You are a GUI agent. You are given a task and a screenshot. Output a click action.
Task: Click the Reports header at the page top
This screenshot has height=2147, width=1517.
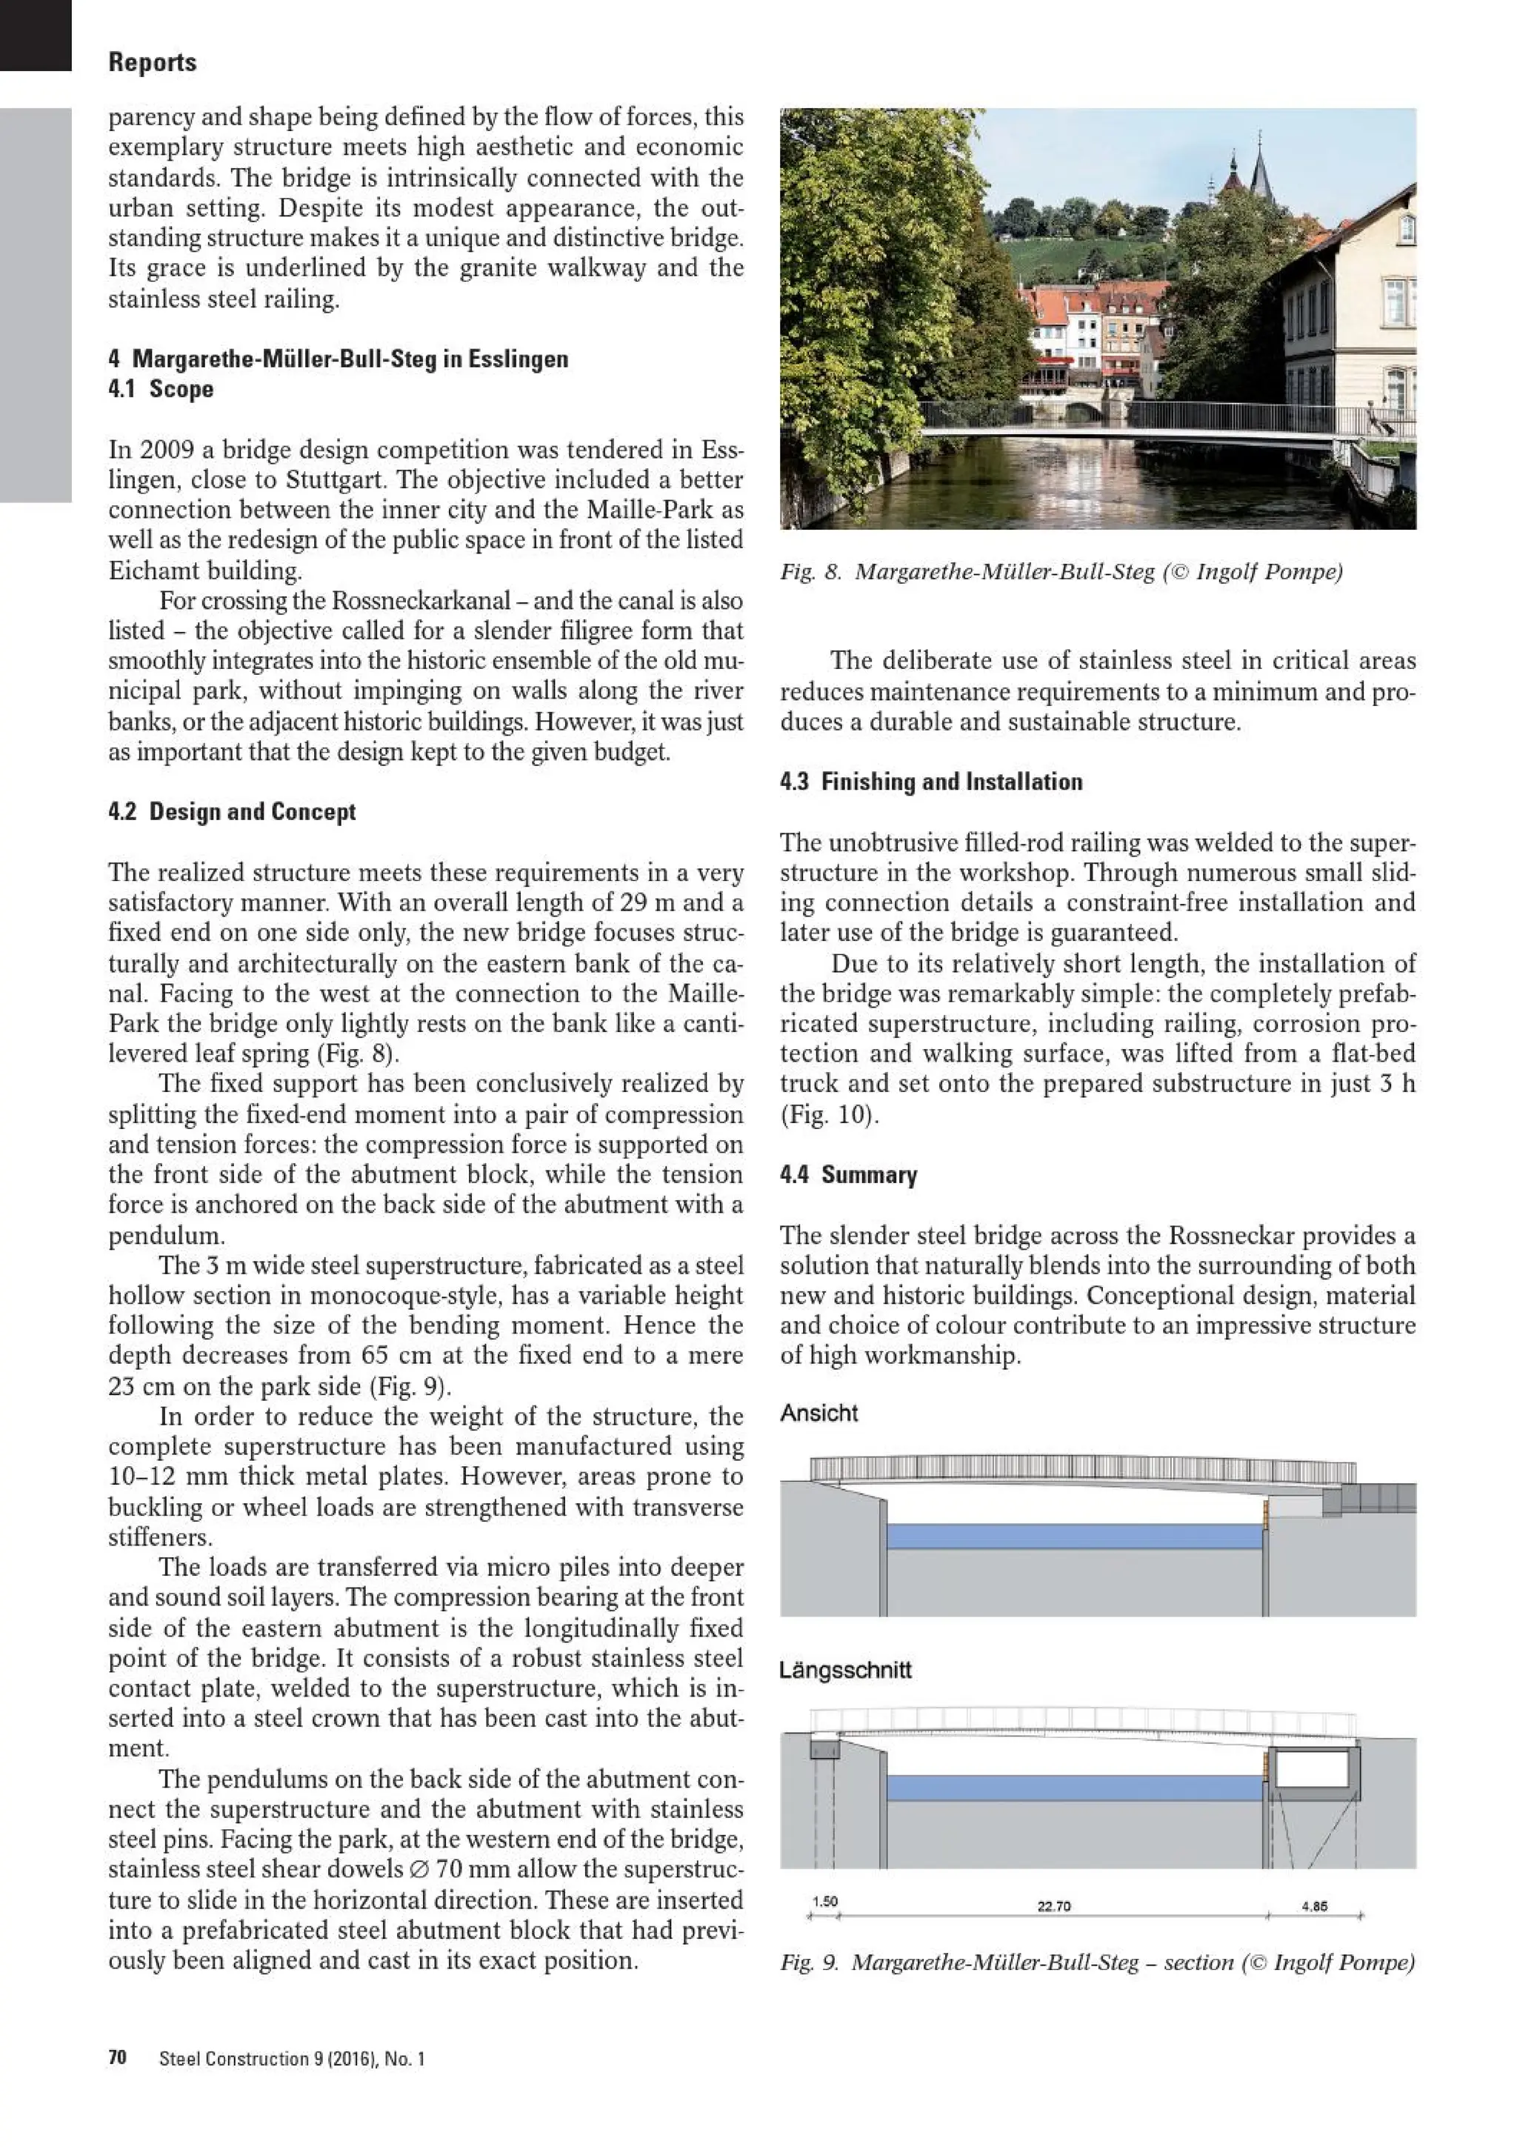coord(153,63)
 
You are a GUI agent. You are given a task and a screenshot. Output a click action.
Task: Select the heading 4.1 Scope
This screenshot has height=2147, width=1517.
coord(161,389)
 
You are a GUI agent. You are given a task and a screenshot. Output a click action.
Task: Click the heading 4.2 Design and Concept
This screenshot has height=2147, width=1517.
coord(232,812)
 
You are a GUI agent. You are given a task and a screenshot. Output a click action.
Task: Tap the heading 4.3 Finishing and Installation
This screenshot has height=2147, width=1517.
coord(931,782)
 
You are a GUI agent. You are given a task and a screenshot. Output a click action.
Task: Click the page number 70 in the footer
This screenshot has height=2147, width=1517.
coord(117,2058)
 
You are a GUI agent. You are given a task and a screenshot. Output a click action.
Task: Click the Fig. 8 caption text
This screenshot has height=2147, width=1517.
coord(1061,571)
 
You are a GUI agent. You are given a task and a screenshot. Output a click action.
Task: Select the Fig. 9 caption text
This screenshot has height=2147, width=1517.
coord(1097,1962)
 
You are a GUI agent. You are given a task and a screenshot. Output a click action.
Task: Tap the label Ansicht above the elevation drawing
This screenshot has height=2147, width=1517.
coord(818,1413)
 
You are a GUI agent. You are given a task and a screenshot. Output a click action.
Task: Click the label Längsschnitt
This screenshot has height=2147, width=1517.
coord(845,1670)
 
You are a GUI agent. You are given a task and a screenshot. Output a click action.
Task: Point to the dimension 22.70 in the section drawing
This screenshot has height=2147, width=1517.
coord(1053,1905)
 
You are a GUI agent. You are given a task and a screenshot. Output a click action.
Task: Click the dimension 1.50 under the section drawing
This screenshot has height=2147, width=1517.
coord(824,1901)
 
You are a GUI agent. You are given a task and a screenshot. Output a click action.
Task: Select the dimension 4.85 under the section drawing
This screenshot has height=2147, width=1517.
coord(1313,1905)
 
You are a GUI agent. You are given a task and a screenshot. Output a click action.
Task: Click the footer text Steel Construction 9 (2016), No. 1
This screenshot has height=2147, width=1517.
coord(292,2058)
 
